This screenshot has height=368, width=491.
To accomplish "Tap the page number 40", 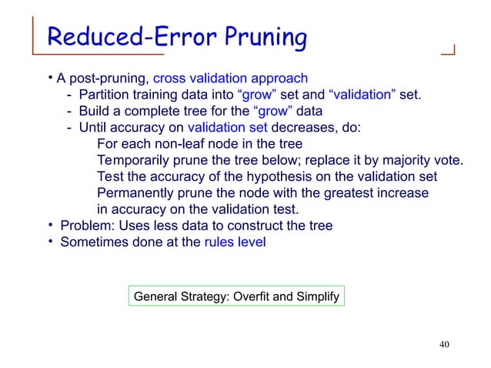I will click(x=443, y=343).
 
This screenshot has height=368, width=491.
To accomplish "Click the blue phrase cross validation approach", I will click(x=231, y=79).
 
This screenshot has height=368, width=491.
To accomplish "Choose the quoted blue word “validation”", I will click(x=362, y=95).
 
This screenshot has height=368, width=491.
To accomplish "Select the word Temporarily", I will click(x=136, y=160).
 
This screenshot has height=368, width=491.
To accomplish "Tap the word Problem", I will click(x=83, y=226).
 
